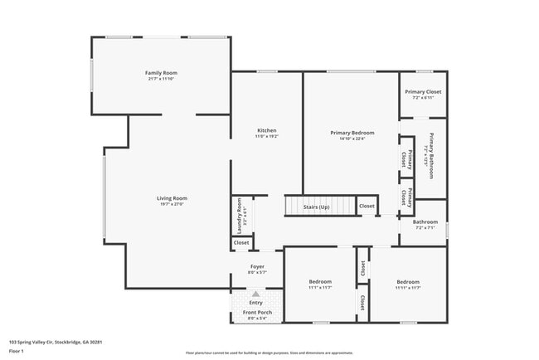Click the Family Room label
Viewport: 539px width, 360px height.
(162, 73)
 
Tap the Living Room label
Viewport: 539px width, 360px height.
(172, 198)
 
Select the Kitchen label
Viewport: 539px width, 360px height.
(266, 131)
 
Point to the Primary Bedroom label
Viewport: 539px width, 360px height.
(352, 133)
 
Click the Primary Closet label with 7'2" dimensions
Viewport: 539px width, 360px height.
(423, 91)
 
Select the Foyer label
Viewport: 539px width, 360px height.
(257, 266)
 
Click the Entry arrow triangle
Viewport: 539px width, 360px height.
(256, 294)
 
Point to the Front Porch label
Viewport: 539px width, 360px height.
(256, 313)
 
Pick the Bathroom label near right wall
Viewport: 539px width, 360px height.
(425, 221)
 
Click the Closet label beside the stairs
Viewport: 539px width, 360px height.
(367, 206)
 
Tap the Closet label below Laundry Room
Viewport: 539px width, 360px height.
(241, 243)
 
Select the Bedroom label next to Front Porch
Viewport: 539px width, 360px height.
(320, 282)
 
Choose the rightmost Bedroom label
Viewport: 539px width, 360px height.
(408, 282)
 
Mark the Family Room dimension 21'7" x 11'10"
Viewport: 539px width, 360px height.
(162, 79)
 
